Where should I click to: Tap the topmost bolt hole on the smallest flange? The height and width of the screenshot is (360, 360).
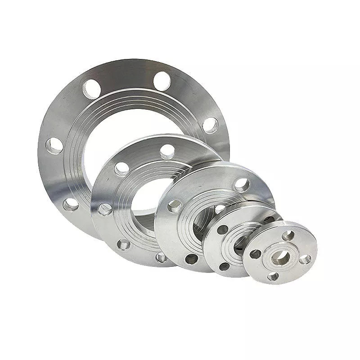(288, 235)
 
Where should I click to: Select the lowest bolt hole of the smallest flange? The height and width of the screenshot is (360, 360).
(273, 276)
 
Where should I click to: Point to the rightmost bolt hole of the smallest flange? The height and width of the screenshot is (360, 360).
(305, 259)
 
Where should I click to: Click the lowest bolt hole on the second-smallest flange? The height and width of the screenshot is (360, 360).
(224, 266)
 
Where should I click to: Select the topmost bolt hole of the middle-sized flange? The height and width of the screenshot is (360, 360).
(242, 184)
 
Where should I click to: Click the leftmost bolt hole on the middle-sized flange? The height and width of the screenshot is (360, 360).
(174, 206)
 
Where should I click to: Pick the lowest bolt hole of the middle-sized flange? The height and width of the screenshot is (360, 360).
(192, 258)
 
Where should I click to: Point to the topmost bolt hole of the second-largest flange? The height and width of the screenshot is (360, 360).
(167, 151)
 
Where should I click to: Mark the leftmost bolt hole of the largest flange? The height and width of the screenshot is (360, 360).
(54, 146)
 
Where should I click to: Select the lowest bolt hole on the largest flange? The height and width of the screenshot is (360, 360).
(71, 205)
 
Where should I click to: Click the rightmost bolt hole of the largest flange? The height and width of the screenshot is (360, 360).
(210, 125)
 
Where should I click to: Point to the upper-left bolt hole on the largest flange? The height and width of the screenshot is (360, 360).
(92, 88)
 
